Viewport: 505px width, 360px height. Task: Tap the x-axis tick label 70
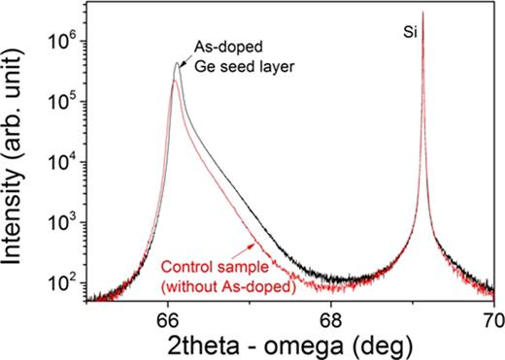[x=491, y=318]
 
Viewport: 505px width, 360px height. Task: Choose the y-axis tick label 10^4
[x=65, y=163]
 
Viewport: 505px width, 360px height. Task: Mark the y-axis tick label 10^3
[x=65, y=223]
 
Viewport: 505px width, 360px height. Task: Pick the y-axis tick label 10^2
[x=65, y=284]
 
